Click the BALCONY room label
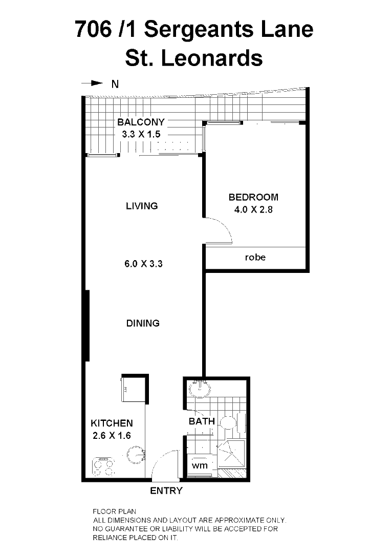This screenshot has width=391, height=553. tap(141, 122)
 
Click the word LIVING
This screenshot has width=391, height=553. tap(142, 206)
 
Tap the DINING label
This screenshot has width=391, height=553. tap(143, 323)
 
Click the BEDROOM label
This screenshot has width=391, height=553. tap(253, 197)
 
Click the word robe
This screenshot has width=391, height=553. tap(255, 257)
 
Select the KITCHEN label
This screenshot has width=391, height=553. tap(112, 423)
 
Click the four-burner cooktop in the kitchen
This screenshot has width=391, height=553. tap(103, 466)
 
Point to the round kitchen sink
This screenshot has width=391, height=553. tap(136, 454)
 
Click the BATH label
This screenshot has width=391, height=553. tap(202, 421)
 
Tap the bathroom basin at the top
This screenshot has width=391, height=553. tap(200, 390)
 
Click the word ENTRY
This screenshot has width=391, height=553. tap(166, 491)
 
